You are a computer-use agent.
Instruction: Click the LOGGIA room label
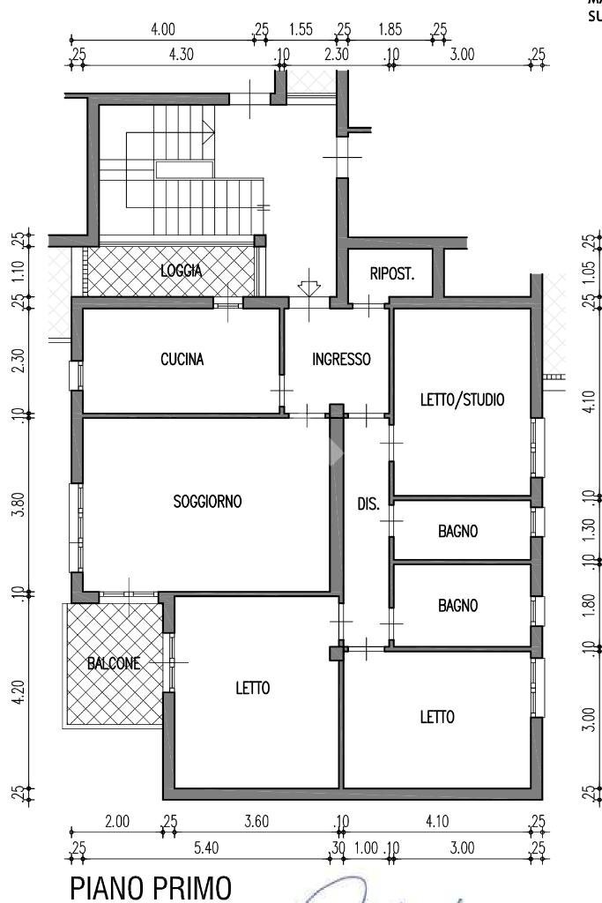[181, 271]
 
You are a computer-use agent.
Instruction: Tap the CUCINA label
[182, 359]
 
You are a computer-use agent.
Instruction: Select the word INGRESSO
[341, 359]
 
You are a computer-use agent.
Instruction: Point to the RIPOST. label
[391, 273]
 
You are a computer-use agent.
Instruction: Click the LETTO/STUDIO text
[462, 399]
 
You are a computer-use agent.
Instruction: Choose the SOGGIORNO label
[207, 502]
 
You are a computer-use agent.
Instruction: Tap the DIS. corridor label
[368, 505]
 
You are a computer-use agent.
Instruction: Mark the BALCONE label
[113, 664]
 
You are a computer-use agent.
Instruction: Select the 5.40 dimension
[206, 847]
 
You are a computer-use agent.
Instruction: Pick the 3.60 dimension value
[256, 822]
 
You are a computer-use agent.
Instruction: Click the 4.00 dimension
[163, 29]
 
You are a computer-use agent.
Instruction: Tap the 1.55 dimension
[301, 29]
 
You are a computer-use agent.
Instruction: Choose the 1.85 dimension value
[390, 29]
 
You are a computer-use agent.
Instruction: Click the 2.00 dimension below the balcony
[117, 822]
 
